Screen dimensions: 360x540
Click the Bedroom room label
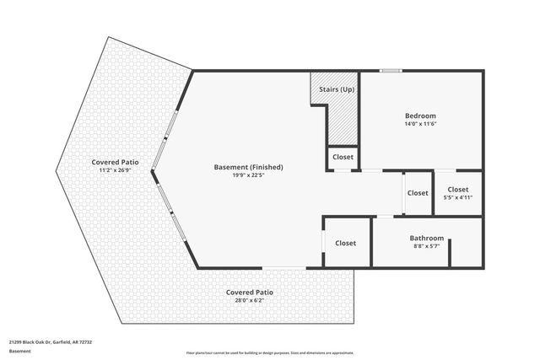(420, 115)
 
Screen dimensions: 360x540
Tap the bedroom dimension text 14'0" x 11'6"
(420, 124)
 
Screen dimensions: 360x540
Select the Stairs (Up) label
(336, 89)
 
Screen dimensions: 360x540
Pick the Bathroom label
(427, 238)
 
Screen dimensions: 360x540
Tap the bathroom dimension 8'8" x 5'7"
(427, 246)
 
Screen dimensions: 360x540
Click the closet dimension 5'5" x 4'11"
(458, 197)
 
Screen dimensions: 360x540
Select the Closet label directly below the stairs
(343, 157)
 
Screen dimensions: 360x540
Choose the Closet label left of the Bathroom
(346, 243)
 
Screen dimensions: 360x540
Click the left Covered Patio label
(116, 162)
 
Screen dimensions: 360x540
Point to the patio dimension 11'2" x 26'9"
(116, 170)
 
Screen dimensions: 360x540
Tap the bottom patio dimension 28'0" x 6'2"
(250, 300)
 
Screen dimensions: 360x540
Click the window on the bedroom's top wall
(390, 71)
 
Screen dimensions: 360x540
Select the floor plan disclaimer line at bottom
(270, 352)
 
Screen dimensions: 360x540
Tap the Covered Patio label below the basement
(250, 292)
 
